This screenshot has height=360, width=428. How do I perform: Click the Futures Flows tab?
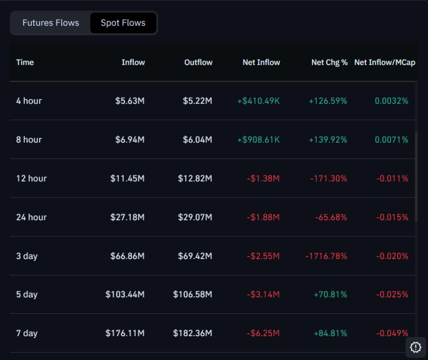tap(50, 23)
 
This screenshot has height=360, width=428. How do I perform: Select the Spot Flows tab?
tap(123, 23)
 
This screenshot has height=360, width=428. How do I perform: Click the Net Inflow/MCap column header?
tap(384, 62)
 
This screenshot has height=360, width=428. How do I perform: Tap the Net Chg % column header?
tap(329, 62)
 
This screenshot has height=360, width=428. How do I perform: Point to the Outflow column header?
tap(198, 62)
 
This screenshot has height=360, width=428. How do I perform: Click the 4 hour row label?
tap(29, 101)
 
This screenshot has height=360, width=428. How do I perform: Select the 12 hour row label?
tap(31, 179)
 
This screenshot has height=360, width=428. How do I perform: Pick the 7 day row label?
tap(26, 333)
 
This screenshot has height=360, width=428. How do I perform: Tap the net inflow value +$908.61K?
tap(258, 140)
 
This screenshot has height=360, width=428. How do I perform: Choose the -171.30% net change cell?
tap(328, 179)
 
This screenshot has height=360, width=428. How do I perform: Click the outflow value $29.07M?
tap(195, 217)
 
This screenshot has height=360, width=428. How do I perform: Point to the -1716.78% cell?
tap(326, 256)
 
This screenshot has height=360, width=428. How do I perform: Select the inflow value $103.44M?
tap(125, 294)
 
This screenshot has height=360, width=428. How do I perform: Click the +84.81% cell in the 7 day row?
tap(330, 333)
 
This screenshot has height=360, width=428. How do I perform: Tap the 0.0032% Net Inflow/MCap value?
tap(391, 101)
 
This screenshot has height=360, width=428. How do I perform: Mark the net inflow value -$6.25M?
tap(263, 333)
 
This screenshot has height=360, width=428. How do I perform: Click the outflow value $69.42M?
tap(195, 256)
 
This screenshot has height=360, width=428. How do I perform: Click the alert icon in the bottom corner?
tap(416, 347)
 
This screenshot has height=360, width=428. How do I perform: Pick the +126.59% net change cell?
tap(327, 101)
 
